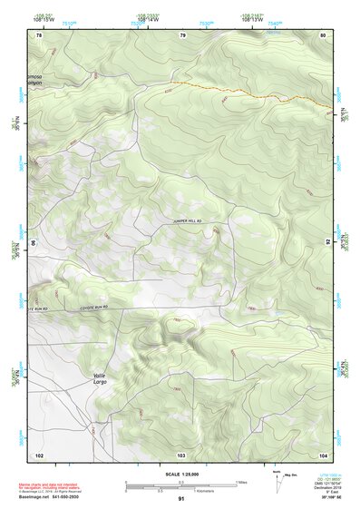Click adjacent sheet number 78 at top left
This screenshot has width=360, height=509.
[39, 35]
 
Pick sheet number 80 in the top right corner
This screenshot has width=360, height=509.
[323, 35]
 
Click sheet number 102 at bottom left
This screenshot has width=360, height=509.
[39, 454]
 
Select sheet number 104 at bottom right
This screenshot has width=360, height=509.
[323, 454]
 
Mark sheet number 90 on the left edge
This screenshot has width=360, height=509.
[33, 242]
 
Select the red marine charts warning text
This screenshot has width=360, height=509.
[54, 485]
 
